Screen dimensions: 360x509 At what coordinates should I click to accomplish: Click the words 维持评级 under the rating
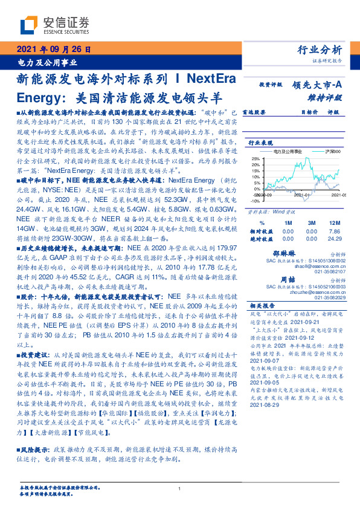coord(329,97)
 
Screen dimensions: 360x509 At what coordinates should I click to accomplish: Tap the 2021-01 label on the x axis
coord(302,195)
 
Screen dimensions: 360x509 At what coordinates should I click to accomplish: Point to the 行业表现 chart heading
coord(260,143)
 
